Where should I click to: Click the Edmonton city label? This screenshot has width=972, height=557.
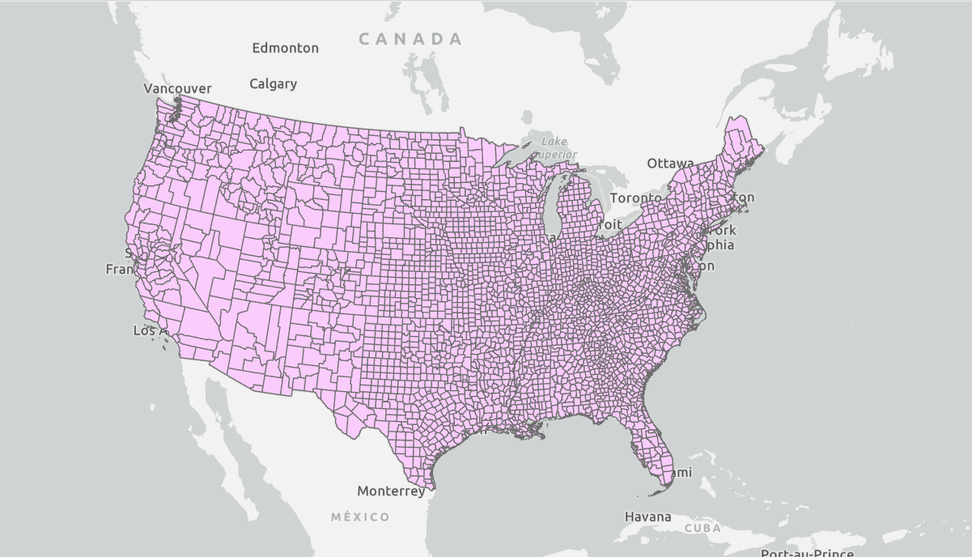click(x=285, y=48)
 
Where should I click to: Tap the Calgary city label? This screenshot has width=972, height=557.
click(x=273, y=83)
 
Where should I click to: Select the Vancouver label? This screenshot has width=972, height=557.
click(x=177, y=88)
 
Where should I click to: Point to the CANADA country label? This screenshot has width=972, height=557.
click(x=410, y=38)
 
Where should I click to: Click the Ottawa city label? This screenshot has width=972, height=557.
click(x=669, y=164)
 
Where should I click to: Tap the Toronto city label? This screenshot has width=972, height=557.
click(x=635, y=198)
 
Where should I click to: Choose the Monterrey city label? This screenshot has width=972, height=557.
click(x=390, y=491)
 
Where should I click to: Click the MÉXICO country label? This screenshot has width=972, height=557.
click(x=360, y=517)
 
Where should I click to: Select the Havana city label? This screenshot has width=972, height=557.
click(x=647, y=517)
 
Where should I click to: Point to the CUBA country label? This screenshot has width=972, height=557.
click(x=702, y=528)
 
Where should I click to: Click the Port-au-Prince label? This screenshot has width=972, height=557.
click(x=806, y=553)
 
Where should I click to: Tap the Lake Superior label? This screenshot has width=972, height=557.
click(x=555, y=147)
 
